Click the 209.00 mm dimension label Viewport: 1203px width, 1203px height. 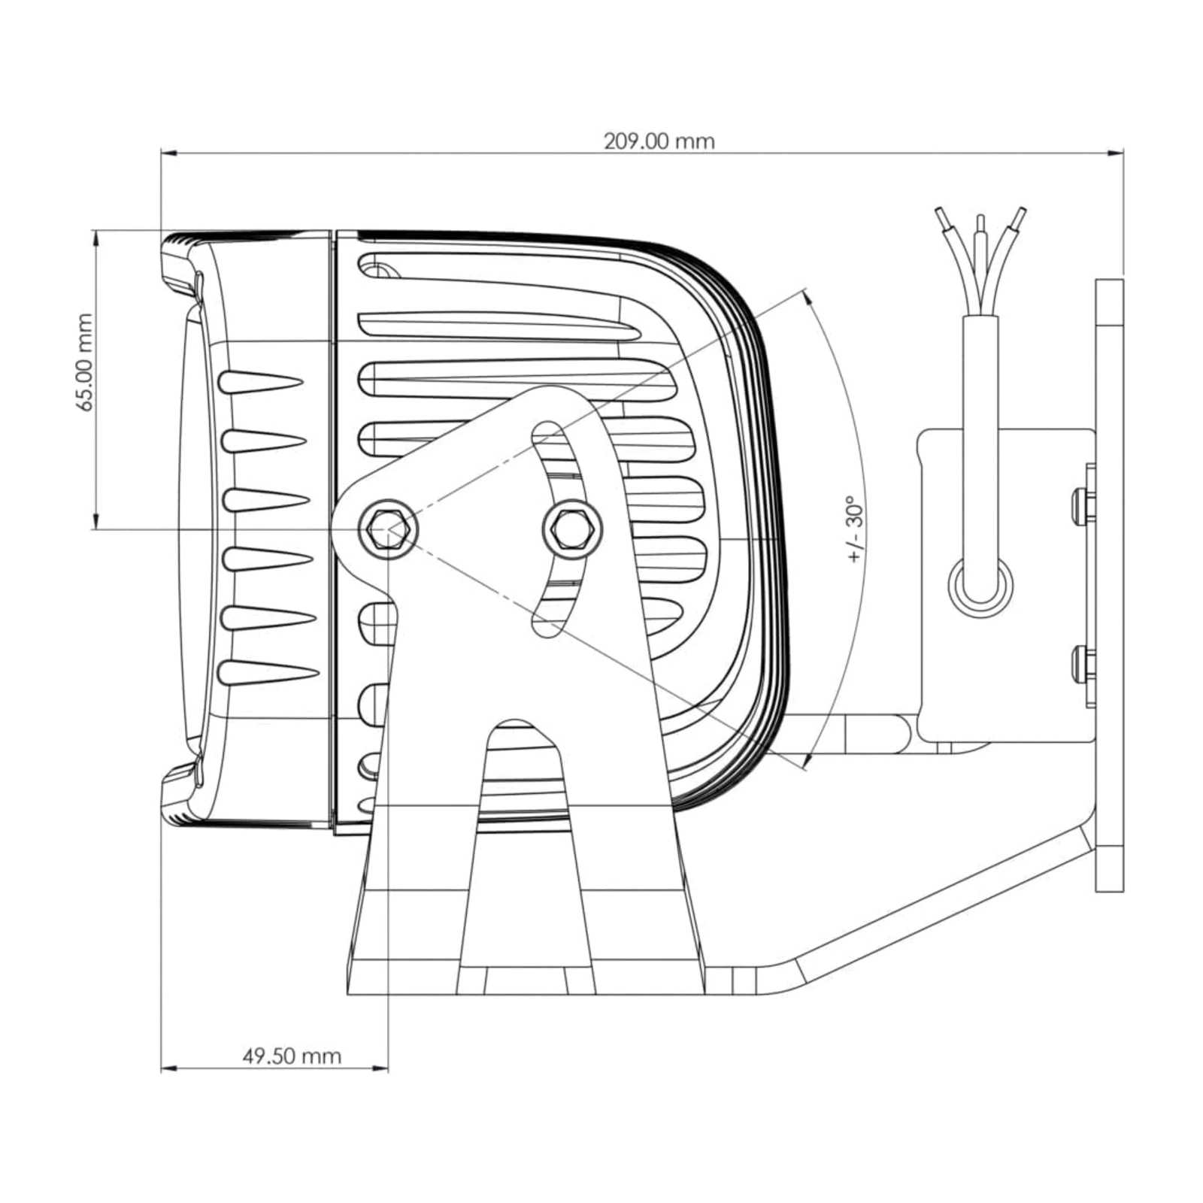pos(659,141)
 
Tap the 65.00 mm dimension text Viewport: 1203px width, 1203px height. pos(85,362)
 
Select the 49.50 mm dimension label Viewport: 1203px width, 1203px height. pos(292,1056)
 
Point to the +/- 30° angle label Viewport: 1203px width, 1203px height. pos(856,529)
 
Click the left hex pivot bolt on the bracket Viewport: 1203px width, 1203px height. pos(388,529)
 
